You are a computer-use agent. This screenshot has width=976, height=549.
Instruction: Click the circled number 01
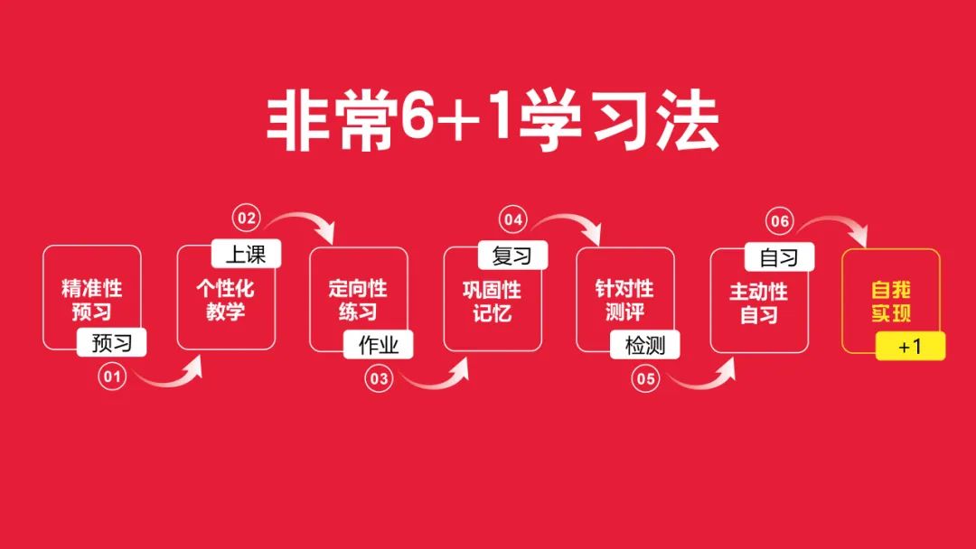point(112,377)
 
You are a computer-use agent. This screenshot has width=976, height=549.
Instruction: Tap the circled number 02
point(247,219)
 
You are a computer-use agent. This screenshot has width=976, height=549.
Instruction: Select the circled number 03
point(379,378)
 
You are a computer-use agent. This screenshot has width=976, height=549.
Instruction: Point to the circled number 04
point(513,219)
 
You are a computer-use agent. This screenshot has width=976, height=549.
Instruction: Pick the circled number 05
point(645,378)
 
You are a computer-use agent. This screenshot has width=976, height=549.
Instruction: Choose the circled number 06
point(780,221)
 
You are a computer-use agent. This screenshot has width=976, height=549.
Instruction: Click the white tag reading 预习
point(112,342)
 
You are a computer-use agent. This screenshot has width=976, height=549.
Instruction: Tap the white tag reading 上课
point(246,254)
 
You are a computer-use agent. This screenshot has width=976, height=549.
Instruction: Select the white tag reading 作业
point(379,345)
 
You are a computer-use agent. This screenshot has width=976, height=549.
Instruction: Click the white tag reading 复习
point(513,256)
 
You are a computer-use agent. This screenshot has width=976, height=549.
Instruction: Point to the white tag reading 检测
point(645,345)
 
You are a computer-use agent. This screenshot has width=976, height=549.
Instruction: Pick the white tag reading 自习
point(779,256)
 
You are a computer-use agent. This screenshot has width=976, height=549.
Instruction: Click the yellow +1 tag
point(911,347)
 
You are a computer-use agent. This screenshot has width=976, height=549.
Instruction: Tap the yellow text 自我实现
point(891,302)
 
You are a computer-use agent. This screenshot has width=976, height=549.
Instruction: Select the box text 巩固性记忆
point(493,302)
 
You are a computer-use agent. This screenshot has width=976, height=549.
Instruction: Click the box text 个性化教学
point(225,300)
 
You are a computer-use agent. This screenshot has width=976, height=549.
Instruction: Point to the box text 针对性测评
point(625,301)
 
